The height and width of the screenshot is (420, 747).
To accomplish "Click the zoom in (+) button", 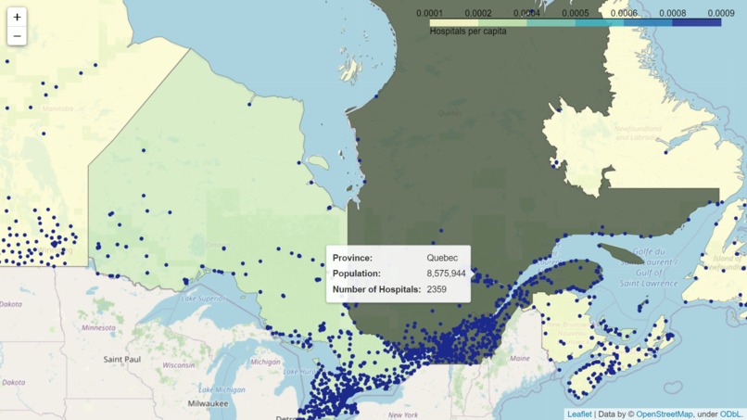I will pyautogui.click(x=17, y=17).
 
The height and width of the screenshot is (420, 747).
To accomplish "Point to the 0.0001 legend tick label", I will pyautogui.click(x=429, y=13).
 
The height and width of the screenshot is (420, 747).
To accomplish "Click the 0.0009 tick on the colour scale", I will pyautogui.click(x=720, y=13).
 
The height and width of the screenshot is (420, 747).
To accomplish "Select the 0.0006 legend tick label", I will pyautogui.click(x=624, y=13).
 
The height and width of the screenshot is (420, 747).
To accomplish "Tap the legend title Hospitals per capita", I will pyautogui.click(x=467, y=32).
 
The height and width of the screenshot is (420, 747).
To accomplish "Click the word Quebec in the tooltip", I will pyautogui.click(x=442, y=258).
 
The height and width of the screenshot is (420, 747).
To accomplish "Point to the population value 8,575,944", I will pyautogui.click(x=446, y=274).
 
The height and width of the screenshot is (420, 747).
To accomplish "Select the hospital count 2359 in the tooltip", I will pyautogui.click(x=437, y=289).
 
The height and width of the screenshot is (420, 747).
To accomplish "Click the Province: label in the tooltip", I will pyautogui.click(x=352, y=258).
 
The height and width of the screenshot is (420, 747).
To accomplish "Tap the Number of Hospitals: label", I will pyautogui.click(x=376, y=289).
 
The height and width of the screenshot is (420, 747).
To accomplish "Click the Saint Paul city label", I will pyautogui.click(x=121, y=359).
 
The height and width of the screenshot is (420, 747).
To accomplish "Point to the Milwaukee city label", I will pyautogui.click(x=208, y=403).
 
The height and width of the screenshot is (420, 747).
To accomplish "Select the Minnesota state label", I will pyautogui.click(x=98, y=327).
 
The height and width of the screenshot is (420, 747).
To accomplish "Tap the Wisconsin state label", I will pyautogui.click(x=178, y=365).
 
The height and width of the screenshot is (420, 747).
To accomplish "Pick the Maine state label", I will pyautogui.click(x=519, y=358).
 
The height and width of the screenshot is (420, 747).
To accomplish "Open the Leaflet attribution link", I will pyautogui.click(x=579, y=414).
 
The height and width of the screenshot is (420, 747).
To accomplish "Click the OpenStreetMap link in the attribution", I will pyautogui.click(x=664, y=414).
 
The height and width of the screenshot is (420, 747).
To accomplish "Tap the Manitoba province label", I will pyautogui.click(x=57, y=108).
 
